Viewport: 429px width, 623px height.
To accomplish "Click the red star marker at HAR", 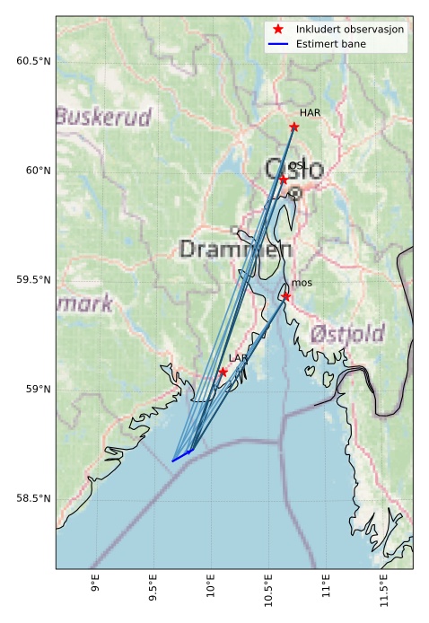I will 294,127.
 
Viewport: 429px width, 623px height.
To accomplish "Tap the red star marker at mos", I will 286,296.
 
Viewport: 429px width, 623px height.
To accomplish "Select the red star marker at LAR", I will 223,372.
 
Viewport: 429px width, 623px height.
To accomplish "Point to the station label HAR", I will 310,112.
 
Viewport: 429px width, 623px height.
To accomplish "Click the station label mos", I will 301,284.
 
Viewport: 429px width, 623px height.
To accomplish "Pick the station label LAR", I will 238,358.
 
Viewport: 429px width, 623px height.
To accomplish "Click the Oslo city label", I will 293,168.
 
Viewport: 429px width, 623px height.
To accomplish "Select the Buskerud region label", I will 102,117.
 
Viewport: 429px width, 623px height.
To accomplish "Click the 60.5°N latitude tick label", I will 30,61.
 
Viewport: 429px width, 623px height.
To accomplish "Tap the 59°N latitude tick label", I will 34,389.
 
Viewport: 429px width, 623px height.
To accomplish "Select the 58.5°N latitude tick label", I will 30,498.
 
